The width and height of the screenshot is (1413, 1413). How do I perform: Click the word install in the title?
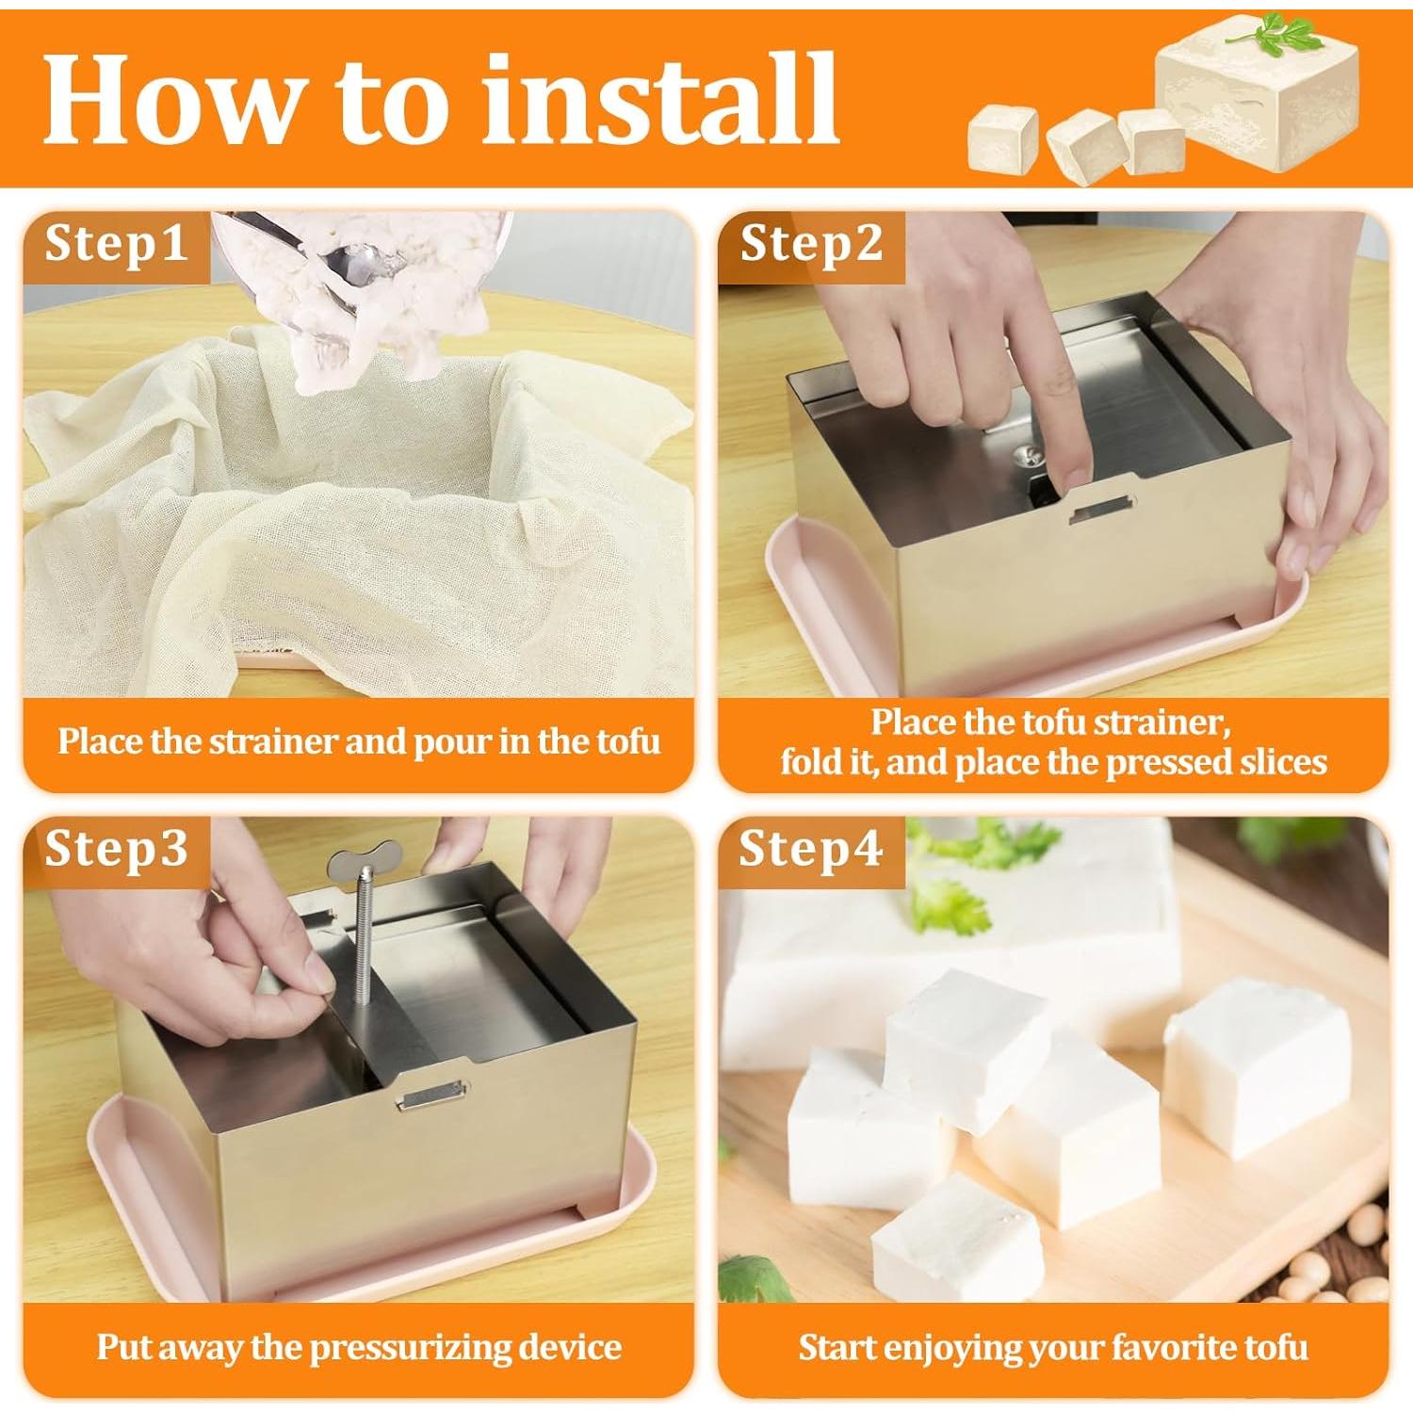[659, 99]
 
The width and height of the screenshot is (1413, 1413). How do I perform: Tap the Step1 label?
[115, 244]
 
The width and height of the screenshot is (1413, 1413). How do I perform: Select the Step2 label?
[811, 244]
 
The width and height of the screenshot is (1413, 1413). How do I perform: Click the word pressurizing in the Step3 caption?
[411, 1347]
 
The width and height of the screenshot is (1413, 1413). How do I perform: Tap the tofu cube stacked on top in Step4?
[966, 1046]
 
